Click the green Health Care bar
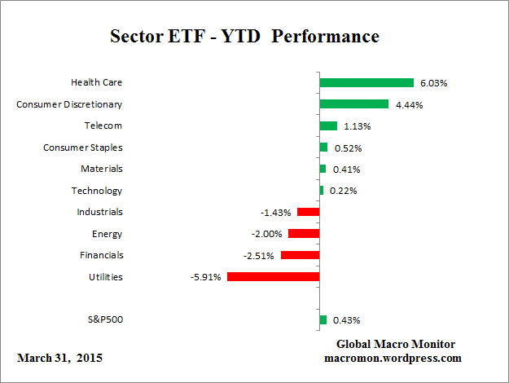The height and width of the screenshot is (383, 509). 366,82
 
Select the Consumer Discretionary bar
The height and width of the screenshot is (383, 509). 353,104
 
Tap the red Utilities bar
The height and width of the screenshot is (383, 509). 273,277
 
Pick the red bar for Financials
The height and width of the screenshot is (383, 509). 300,255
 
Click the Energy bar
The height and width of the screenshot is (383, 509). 304,234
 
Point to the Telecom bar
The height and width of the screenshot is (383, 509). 328,125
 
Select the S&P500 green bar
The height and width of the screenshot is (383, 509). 323,319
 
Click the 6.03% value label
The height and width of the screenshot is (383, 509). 433,83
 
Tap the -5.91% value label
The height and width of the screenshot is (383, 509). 204,277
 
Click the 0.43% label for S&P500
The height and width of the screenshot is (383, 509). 346,320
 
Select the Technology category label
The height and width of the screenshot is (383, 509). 97,191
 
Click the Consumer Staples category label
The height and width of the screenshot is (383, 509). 82,147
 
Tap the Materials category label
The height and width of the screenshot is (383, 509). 101,169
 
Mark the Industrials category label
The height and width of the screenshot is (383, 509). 99,212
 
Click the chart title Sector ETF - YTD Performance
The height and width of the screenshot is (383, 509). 244,37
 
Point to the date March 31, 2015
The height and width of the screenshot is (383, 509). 59,358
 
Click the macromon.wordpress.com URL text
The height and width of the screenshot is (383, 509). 393,358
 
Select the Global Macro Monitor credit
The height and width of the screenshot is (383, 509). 396,344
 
